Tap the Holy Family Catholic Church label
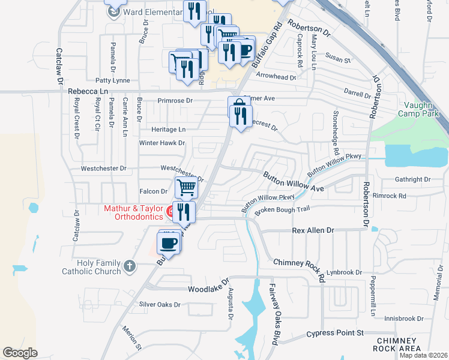pyautogui.click(x=91, y=267)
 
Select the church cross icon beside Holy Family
pyautogui.click(x=129, y=265)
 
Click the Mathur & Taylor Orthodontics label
pyautogui.click(x=133, y=212)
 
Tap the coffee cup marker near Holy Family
pyautogui.click(x=167, y=243)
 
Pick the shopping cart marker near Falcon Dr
pyautogui.click(x=186, y=187)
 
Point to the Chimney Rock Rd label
pyautogui.click(x=298, y=266)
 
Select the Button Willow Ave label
pyautogui.click(x=293, y=182)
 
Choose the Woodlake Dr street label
pyautogui.click(x=208, y=285)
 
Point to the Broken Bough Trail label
pyautogui.click(x=282, y=210)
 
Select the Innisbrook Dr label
pyautogui.click(x=404, y=319)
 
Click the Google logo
pyautogui.click(x=20, y=353)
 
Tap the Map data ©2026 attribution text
pyautogui.click(x=424, y=355)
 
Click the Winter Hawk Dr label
pyautogui.click(x=161, y=143)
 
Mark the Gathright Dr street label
pyautogui.click(x=412, y=179)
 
